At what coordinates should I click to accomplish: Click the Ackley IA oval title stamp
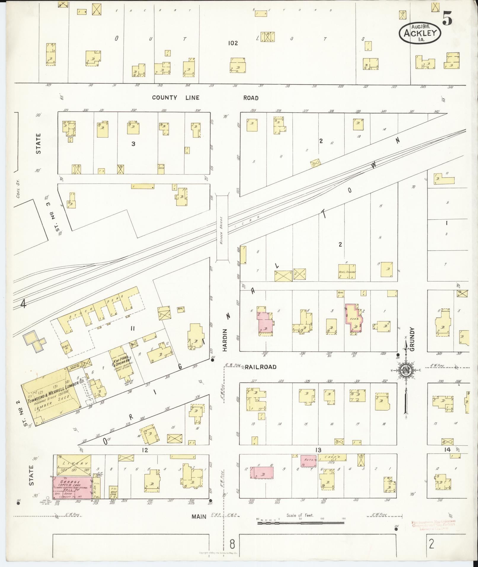[x=420, y=32]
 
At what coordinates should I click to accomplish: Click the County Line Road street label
[x=205, y=98]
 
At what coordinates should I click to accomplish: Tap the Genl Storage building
[x=347, y=271]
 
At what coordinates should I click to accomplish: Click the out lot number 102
[x=233, y=43]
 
